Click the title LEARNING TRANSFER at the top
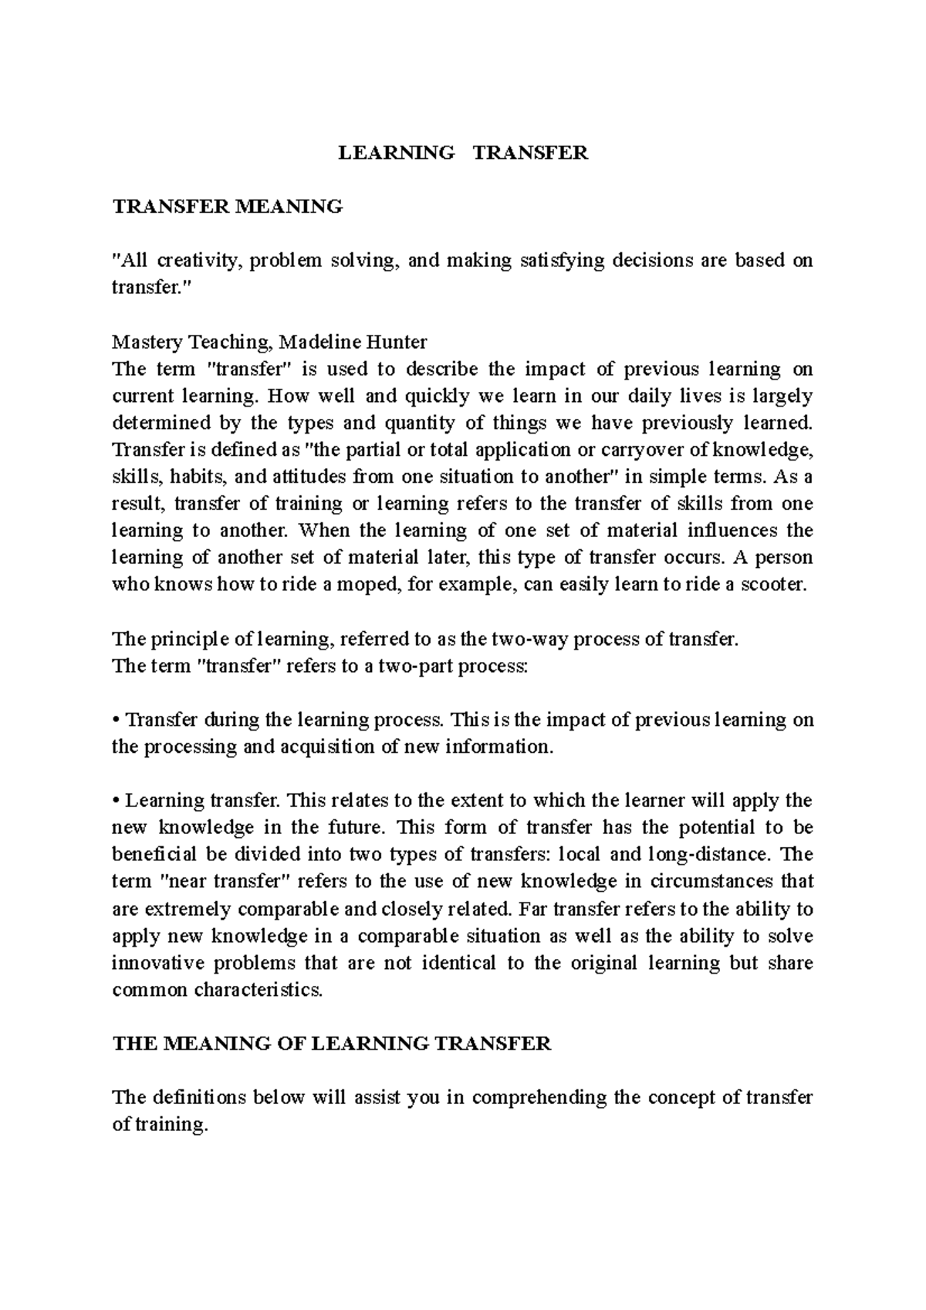coord(463,153)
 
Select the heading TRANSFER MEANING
coord(227,207)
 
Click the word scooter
coord(772,585)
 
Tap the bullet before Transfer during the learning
coord(116,721)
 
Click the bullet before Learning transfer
coord(116,802)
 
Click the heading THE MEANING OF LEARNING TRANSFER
coord(332,1044)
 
